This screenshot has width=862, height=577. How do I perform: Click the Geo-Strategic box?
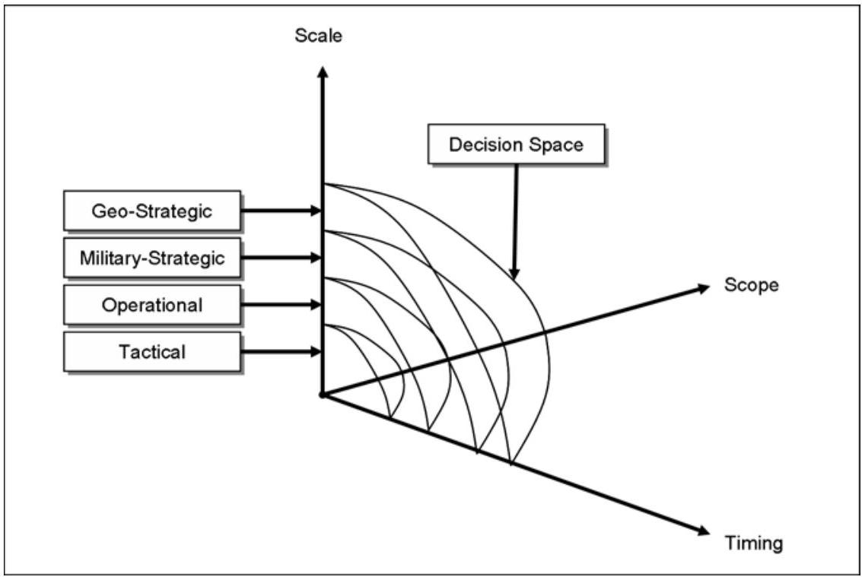tap(152, 211)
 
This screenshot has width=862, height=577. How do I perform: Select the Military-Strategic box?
tap(152, 258)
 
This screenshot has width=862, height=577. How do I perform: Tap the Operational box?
tap(152, 305)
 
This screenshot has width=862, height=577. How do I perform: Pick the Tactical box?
tap(152, 352)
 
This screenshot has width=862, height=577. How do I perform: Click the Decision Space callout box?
tap(516, 144)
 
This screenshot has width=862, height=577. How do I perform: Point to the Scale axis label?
tap(319, 36)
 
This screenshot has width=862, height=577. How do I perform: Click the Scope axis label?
tap(752, 285)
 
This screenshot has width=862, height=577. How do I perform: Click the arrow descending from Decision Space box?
tap(516, 220)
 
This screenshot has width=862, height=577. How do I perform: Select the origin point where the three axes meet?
tap(323, 395)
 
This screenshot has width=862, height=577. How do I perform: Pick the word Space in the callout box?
tap(556, 144)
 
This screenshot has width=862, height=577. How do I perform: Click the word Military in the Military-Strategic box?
tap(107, 258)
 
